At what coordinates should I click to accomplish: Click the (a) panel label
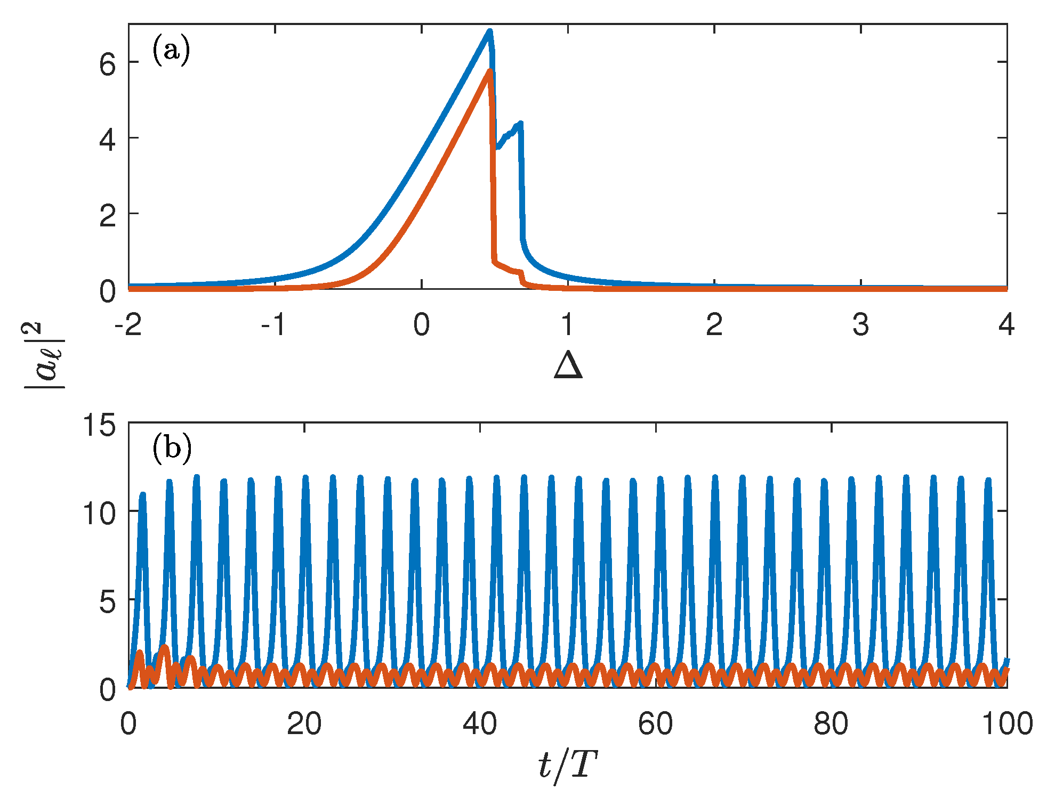(171, 51)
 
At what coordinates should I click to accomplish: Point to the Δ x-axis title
(568, 367)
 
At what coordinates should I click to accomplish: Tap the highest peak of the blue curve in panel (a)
(489, 31)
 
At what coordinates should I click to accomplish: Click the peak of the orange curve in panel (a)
(489, 71)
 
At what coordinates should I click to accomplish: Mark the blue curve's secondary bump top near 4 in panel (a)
(520, 123)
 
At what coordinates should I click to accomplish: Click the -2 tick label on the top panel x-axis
(128, 324)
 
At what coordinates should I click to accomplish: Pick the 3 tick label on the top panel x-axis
(860, 324)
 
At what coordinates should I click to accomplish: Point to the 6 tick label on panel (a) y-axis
(107, 66)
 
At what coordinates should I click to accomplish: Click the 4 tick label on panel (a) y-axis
(107, 141)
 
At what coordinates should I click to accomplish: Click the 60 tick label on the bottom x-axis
(655, 724)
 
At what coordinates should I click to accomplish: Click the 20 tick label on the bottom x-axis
(304, 724)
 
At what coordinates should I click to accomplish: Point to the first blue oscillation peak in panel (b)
(142, 494)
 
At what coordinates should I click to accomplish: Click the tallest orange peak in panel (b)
(164, 647)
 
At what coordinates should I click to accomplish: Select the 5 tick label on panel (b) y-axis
(107, 603)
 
